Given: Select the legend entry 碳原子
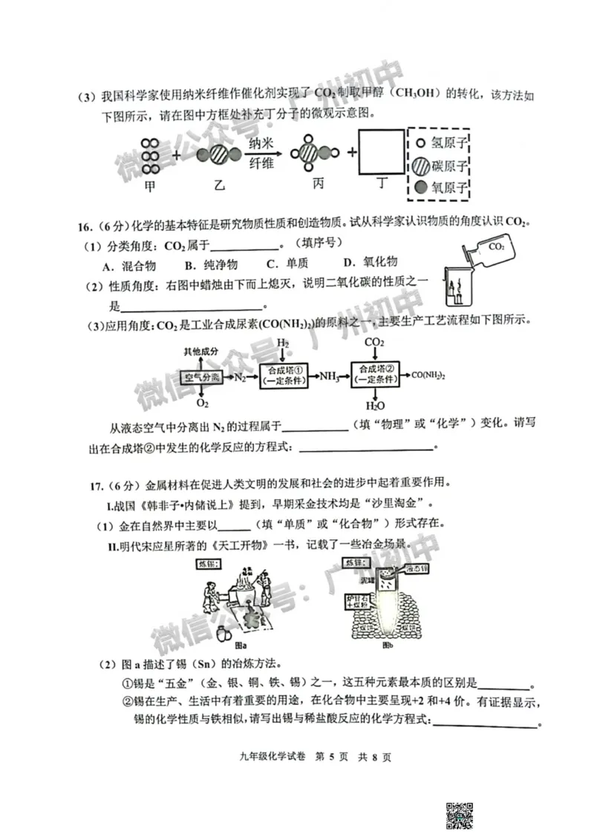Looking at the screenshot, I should pos(443,165).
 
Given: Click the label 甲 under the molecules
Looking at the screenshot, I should pos(151,188).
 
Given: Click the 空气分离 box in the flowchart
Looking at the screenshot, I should pos(201,378).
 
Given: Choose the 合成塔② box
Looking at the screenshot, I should pos(374,374).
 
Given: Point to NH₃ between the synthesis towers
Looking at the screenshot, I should pos(330,377).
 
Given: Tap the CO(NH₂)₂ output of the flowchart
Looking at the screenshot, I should pos(428,375).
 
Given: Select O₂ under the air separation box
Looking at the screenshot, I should pos(202,403).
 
